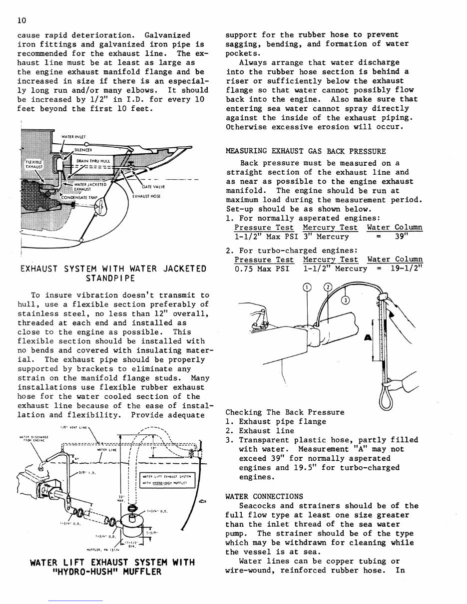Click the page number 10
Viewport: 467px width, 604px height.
pyautogui.click(x=21, y=20)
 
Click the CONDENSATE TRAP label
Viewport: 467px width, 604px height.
pyautogui.click(x=78, y=197)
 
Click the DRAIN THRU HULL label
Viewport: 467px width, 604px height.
pyautogui.click(x=94, y=161)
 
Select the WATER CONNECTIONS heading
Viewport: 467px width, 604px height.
pyautogui.click(x=264, y=496)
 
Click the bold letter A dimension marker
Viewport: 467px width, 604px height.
pyautogui.click(x=368, y=338)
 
